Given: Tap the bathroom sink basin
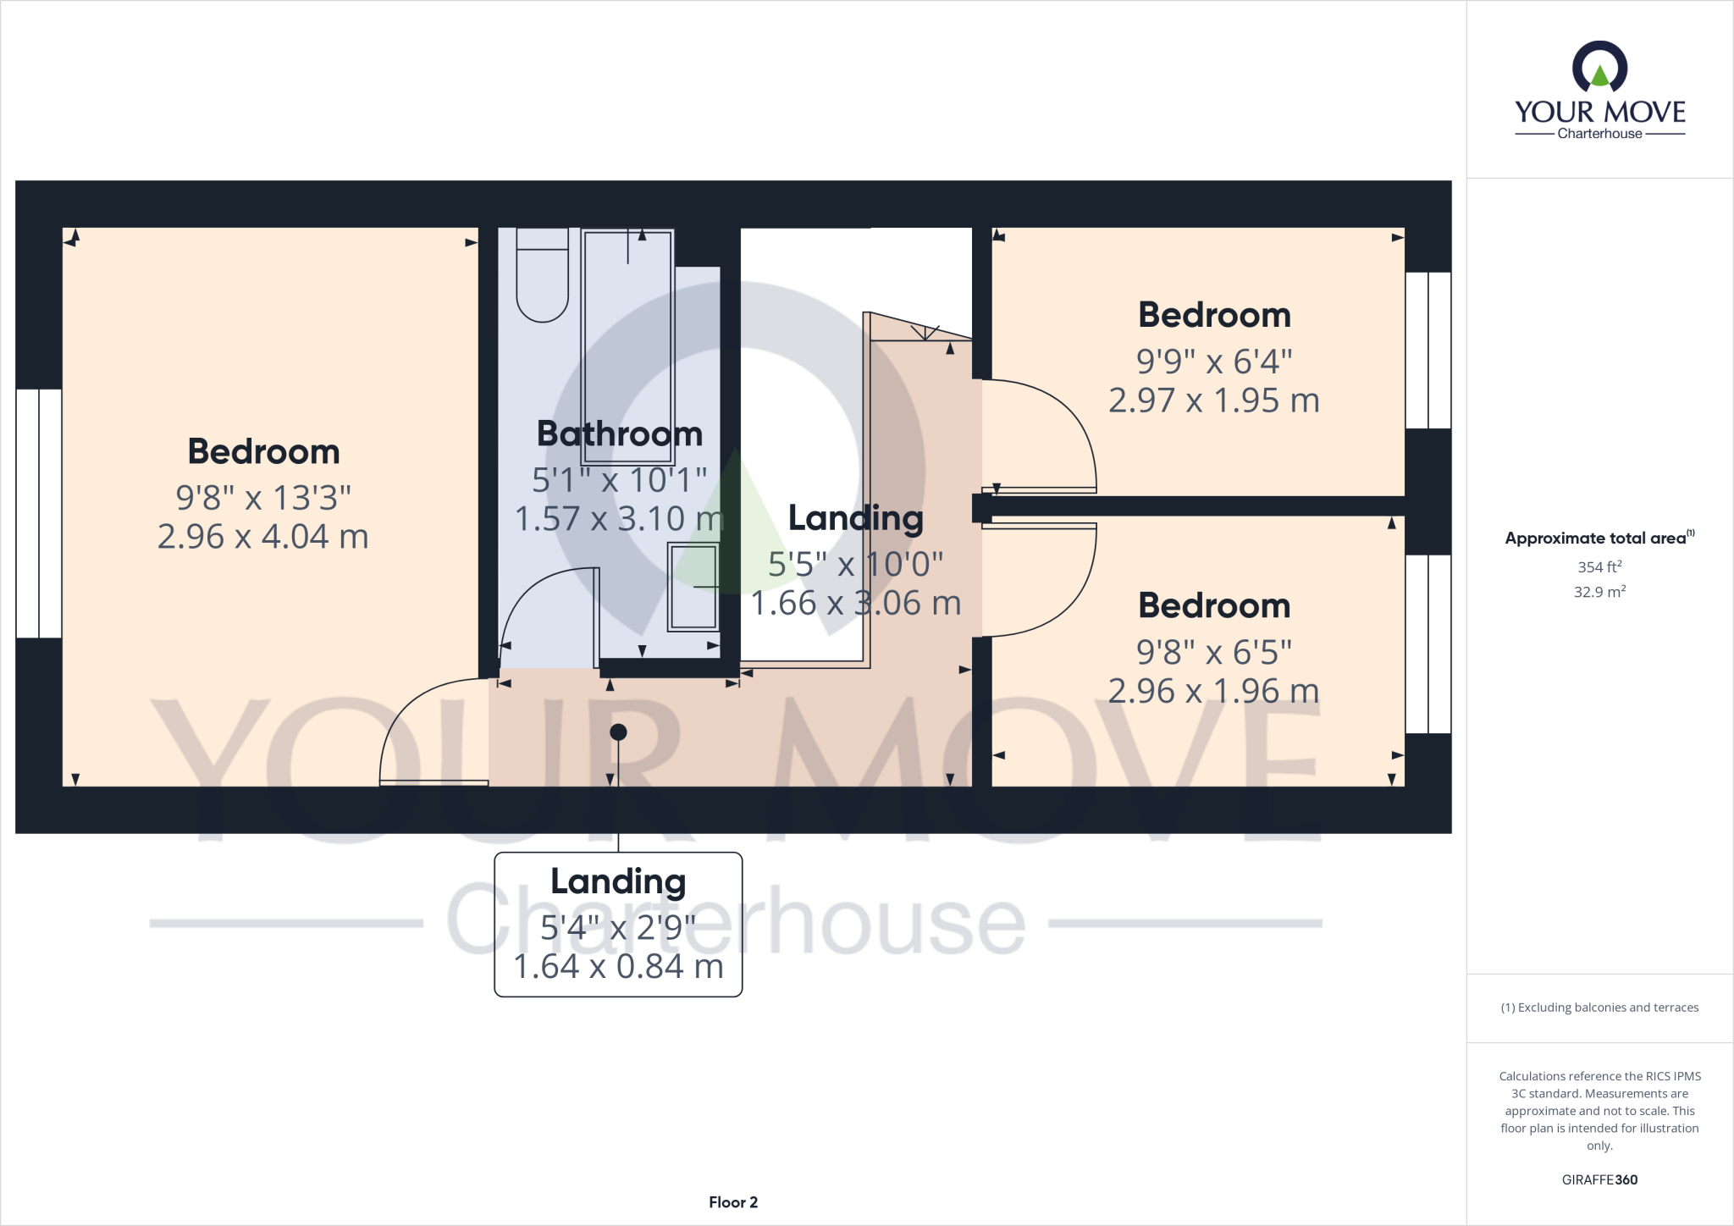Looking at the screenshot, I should point(693,586).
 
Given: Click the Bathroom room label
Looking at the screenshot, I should point(620,434).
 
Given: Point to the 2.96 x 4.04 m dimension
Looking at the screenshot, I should point(263,537).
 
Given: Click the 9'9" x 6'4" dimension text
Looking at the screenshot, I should point(1214,362).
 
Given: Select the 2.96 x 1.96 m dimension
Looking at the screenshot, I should point(1214,691).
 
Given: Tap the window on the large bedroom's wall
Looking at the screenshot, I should point(39,513).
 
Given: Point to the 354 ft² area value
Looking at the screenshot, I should point(1599,566).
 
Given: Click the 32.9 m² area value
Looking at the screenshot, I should point(1599,592).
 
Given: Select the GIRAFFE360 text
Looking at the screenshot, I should point(1599,1179).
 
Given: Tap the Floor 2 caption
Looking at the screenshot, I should point(733,1202).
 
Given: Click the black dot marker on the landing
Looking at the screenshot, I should point(619,732).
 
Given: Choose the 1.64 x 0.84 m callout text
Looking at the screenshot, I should point(619,966).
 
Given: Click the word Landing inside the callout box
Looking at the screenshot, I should point(619,881).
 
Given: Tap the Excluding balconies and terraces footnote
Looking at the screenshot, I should point(1599,1008).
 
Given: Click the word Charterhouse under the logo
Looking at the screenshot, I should point(1599,134).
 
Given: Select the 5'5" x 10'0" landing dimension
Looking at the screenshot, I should point(856,564).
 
